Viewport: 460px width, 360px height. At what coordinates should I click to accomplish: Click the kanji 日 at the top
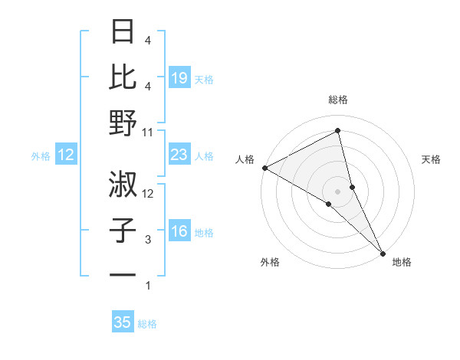(123, 32)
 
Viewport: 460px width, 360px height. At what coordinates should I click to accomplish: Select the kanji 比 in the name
(123, 77)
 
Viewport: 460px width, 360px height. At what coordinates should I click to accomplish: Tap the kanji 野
(123, 123)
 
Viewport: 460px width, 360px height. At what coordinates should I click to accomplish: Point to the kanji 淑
(123, 184)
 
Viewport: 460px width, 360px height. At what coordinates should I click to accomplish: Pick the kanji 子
(123, 230)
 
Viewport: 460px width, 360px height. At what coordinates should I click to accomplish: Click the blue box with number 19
(179, 77)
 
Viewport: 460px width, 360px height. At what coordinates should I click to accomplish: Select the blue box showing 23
(179, 155)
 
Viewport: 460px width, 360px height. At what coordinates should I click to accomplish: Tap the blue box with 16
(179, 231)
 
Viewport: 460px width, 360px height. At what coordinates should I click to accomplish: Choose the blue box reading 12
(65, 155)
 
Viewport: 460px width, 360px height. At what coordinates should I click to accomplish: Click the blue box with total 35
(123, 322)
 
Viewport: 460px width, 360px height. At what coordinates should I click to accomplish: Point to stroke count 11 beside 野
(148, 133)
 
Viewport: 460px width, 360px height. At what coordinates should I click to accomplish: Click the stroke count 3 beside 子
(148, 240)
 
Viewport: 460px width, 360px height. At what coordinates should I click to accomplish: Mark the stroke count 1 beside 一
(148, 286)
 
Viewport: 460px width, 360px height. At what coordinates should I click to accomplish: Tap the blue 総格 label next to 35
(147, 324)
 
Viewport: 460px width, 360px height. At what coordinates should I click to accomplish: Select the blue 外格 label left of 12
(41, 156)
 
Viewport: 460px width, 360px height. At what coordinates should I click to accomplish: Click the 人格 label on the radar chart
(245, 159)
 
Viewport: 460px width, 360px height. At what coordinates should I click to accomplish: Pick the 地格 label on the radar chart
(402, 263)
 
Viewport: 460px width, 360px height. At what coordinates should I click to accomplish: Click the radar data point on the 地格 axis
(383, 251)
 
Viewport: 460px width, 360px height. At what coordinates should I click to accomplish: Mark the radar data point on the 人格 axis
(264, 167)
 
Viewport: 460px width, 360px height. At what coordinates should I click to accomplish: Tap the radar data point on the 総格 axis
(337, 132)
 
